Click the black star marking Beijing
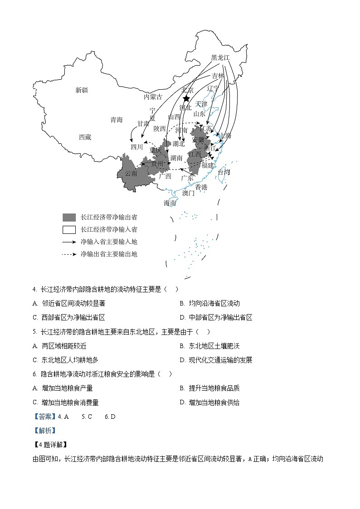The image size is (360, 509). (186, 99)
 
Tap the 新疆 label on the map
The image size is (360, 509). (82, 90)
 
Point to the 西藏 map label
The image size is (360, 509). (85, 137)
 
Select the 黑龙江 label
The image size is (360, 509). (220, 58)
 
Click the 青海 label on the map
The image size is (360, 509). (117, 120)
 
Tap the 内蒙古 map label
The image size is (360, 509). (153, 97)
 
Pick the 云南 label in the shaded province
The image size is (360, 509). (131, 173)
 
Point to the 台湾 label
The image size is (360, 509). (224, 172)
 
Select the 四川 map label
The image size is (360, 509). (136, 146)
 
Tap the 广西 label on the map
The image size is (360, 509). (165, 176)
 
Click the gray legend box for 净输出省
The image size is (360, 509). (69, 217)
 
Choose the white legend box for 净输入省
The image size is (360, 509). (69, 229)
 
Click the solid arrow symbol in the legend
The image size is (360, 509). (69, 242)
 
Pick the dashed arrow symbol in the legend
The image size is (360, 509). (69, 254)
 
